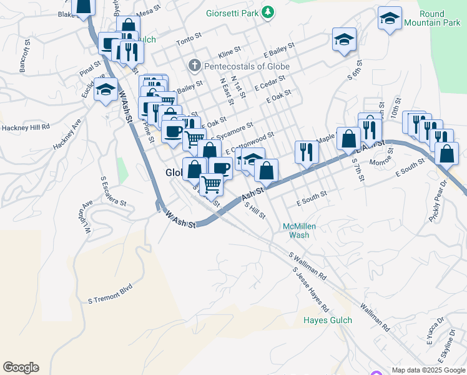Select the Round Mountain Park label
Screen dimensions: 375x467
coord(432,19)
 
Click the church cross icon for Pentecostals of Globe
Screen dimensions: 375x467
coord(194,65)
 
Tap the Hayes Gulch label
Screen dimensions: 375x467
coord(327,320)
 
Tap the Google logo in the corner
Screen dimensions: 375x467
coord(21,367)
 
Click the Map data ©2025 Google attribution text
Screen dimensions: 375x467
coord(428,370)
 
